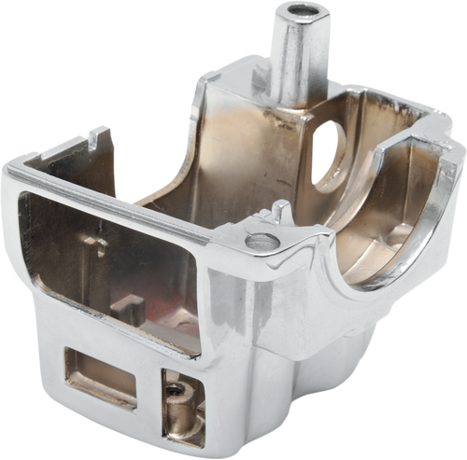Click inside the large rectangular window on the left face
(103, 271)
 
